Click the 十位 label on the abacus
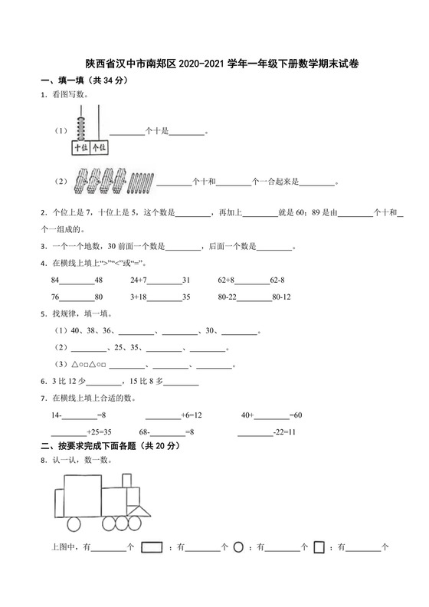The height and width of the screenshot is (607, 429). point(80,147)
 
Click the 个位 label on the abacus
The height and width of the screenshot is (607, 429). point(98,147)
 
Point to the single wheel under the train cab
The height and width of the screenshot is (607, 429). point(74,524)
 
